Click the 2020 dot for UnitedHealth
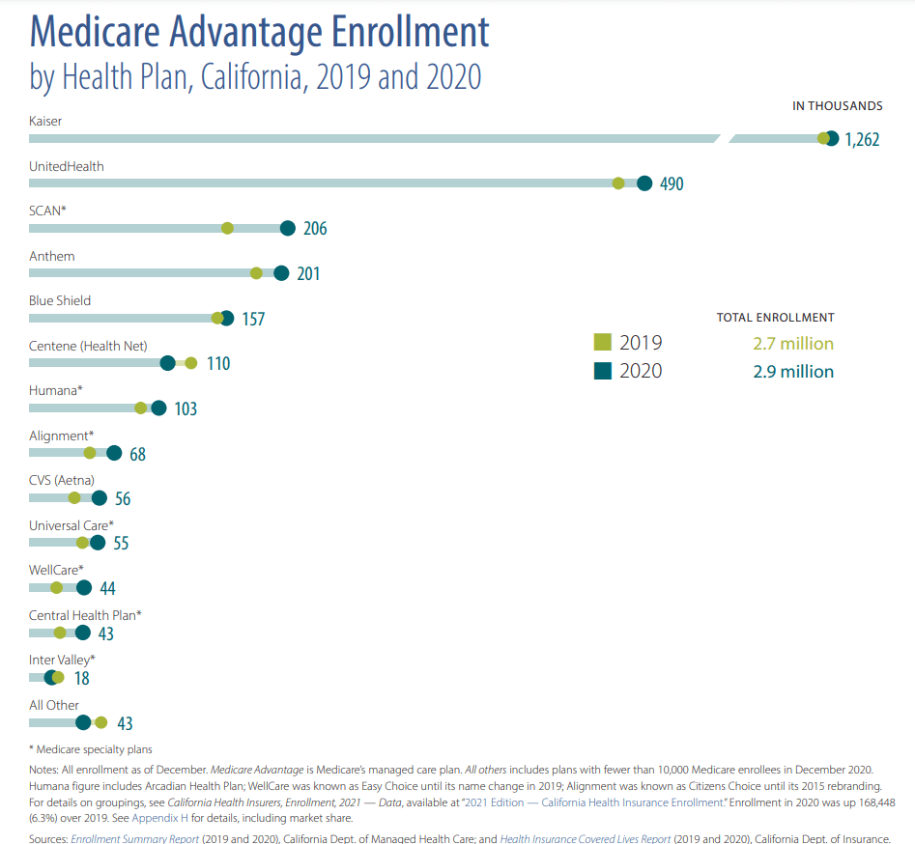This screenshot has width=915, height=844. [x=644, y=183]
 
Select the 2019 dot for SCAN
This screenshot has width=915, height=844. [x=227, y=228]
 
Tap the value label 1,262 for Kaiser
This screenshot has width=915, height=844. [x=862, y=139]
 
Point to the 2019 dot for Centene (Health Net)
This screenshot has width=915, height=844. [x=190, y=363]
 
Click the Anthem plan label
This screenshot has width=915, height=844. [x=51, y=256]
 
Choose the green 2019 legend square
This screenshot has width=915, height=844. [x=602, y=343]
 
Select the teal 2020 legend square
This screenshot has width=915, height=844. [x=602, y=371]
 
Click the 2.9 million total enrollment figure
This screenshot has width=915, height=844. [x=793, y=371]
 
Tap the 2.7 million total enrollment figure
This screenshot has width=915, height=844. [x=793, y=344]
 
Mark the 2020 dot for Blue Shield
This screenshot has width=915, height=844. [x=227, y=318]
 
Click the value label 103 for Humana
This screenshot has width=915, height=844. [x=186, y=408]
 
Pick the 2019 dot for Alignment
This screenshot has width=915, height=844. [x=90, y=453]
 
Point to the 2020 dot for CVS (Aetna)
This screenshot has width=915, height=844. [x=99, y=498]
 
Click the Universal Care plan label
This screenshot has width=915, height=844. [x=71, y=525]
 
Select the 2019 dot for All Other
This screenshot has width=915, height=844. [x=100, y=722]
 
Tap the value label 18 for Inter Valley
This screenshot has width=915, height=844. [x=82, y=678]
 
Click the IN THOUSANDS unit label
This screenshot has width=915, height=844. [x=837, y=106]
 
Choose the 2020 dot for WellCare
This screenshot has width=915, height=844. [x=84, y=588]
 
